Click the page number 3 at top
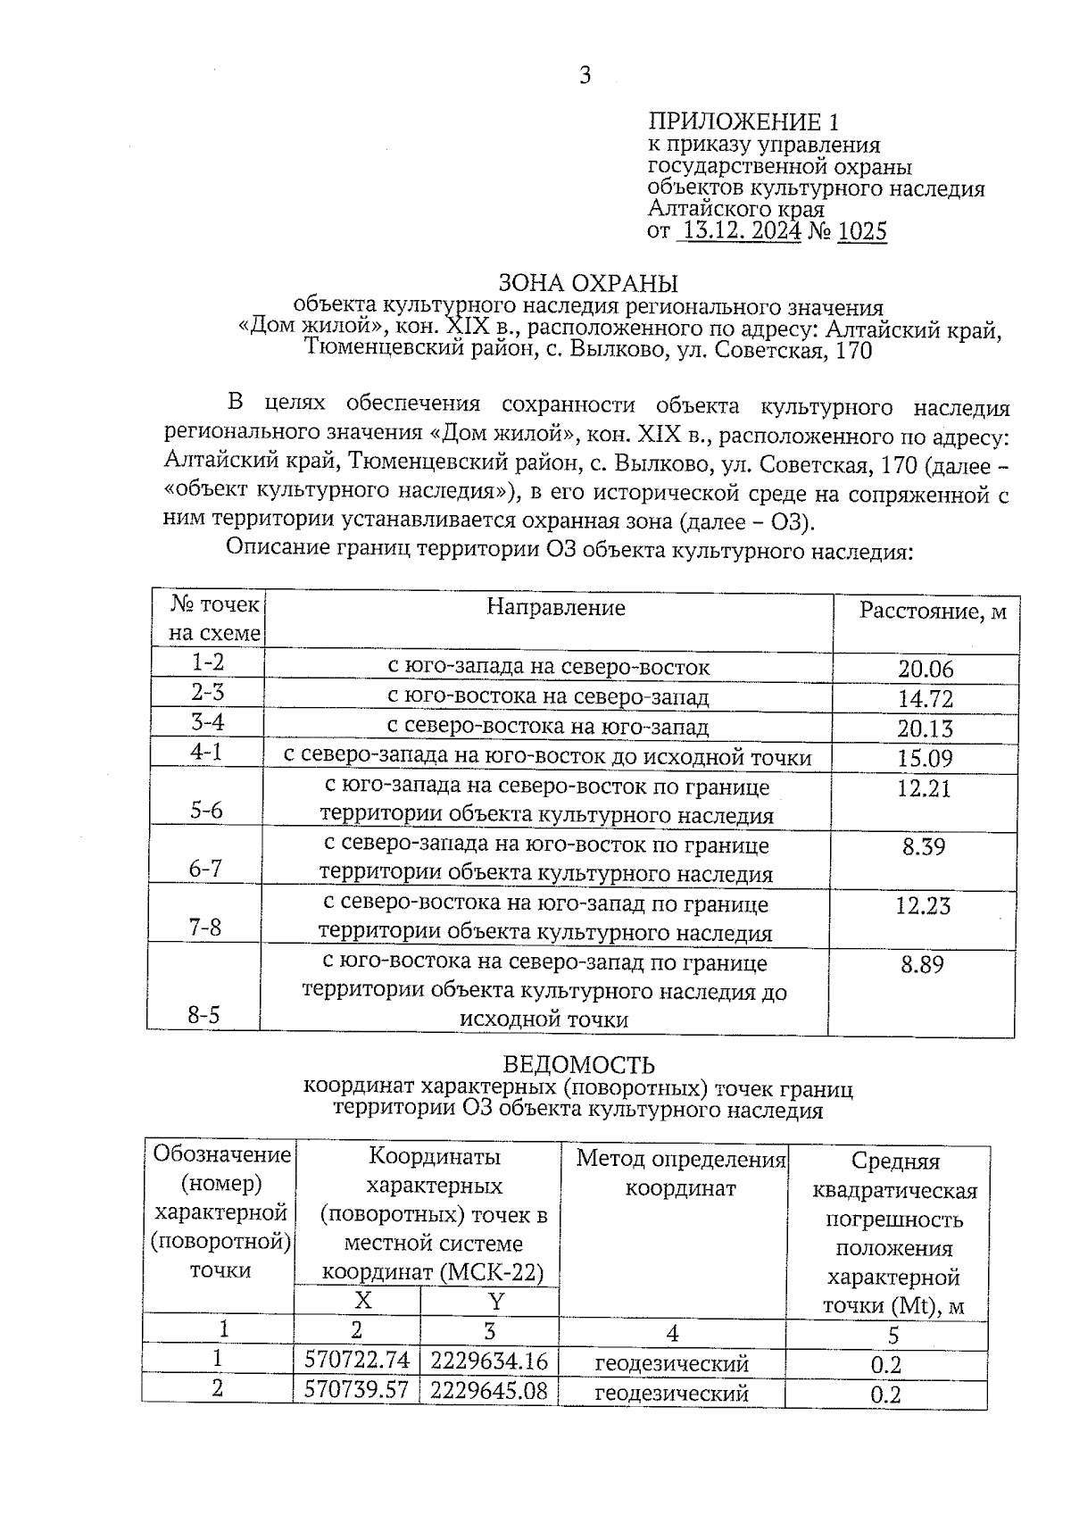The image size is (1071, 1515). click(x=585, y=76)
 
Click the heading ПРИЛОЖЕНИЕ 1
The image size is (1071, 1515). click(x=743, y=121)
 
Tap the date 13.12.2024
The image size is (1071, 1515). click(x=740, y=232)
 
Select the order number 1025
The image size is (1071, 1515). click(x=863, y=232)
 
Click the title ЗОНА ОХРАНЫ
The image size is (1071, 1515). click(x=587, y=283)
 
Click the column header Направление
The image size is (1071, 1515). click(x=556, y=608)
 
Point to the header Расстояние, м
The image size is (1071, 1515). click(x=933, y=612)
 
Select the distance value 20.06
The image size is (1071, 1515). click(x=926, y=669)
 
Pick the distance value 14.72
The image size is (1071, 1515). click(x=926, y=698)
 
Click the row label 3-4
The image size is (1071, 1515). click(x=207, y=722)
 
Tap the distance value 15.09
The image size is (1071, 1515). click(x=926, y=759)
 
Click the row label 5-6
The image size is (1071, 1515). click(x=206, y=810)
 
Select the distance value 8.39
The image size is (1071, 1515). click(x=924, y=846)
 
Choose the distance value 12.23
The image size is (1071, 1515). click(x=924, y=906)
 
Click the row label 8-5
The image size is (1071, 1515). click(x=204, y=1015)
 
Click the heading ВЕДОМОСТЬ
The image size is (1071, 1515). click(x=578, y=1065)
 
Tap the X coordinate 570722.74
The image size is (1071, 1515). click(x=357, y=1361)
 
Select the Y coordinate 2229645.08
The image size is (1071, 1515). click(x=489, y=1390)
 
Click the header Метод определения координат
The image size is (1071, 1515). click(x=681, y=1173)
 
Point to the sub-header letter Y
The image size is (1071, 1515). click(x=496, y=1301)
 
